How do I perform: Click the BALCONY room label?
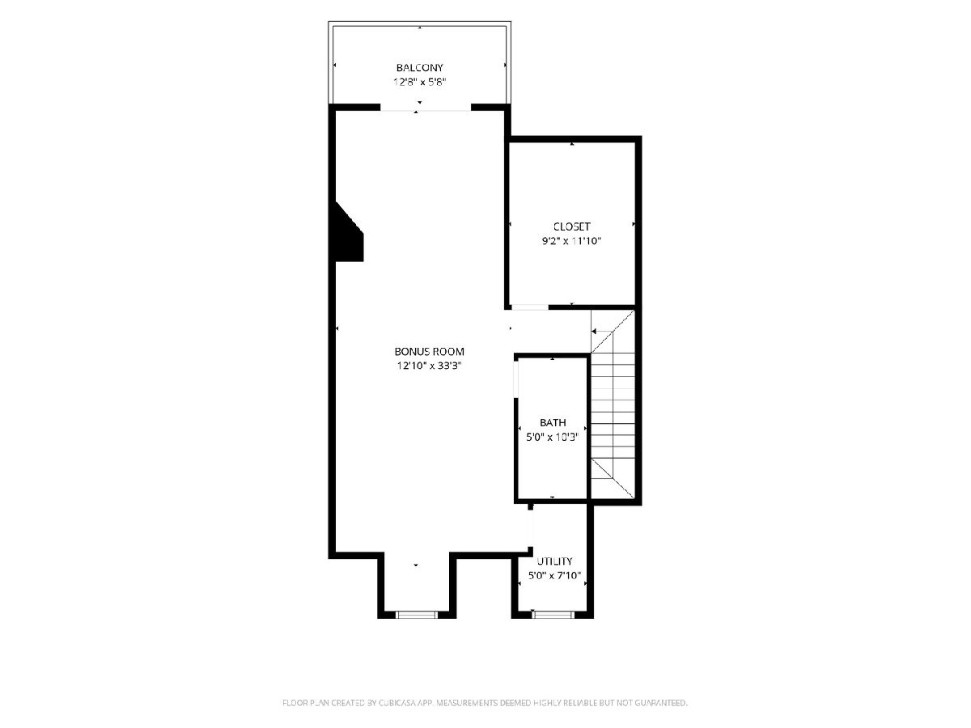419,68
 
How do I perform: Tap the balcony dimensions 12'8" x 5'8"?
419,82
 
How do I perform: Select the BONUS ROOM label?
429,351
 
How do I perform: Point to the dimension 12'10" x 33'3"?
429,366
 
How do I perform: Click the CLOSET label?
571,226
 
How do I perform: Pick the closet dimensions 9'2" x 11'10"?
571,241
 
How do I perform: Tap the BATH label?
553,422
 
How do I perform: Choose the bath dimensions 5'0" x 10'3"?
553,437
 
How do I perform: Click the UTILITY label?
554,561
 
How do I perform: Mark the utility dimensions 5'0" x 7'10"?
554,575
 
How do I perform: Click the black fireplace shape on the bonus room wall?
349,234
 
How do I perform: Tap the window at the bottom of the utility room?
553,615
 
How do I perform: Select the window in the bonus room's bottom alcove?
416,615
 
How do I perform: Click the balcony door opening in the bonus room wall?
426,108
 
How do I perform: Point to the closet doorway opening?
530,307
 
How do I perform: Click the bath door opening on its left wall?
515,379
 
